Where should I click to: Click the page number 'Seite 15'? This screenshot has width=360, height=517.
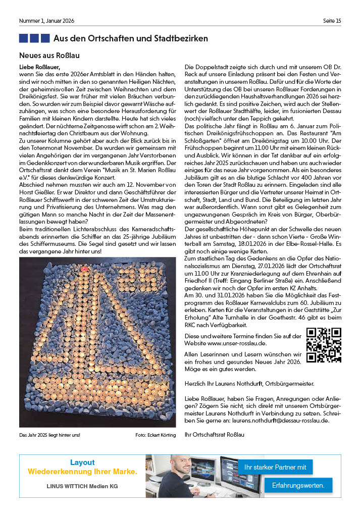pos(332,21)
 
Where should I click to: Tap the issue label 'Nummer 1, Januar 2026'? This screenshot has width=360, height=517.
pos(46,21)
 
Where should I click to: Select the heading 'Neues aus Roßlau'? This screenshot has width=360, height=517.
pos(49,55)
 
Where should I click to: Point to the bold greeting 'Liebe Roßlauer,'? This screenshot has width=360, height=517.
pos(39,67)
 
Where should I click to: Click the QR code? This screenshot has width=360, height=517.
pos(324,345)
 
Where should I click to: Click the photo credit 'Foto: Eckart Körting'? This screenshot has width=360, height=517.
pos(156,435)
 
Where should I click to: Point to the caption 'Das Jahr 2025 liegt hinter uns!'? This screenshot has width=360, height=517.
pos(49,435)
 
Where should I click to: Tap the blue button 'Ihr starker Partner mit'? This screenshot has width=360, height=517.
pos(275,467)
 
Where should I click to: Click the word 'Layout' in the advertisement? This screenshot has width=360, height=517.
pos(82,462)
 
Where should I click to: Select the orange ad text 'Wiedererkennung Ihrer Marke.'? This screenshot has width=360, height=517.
pos(82,472)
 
